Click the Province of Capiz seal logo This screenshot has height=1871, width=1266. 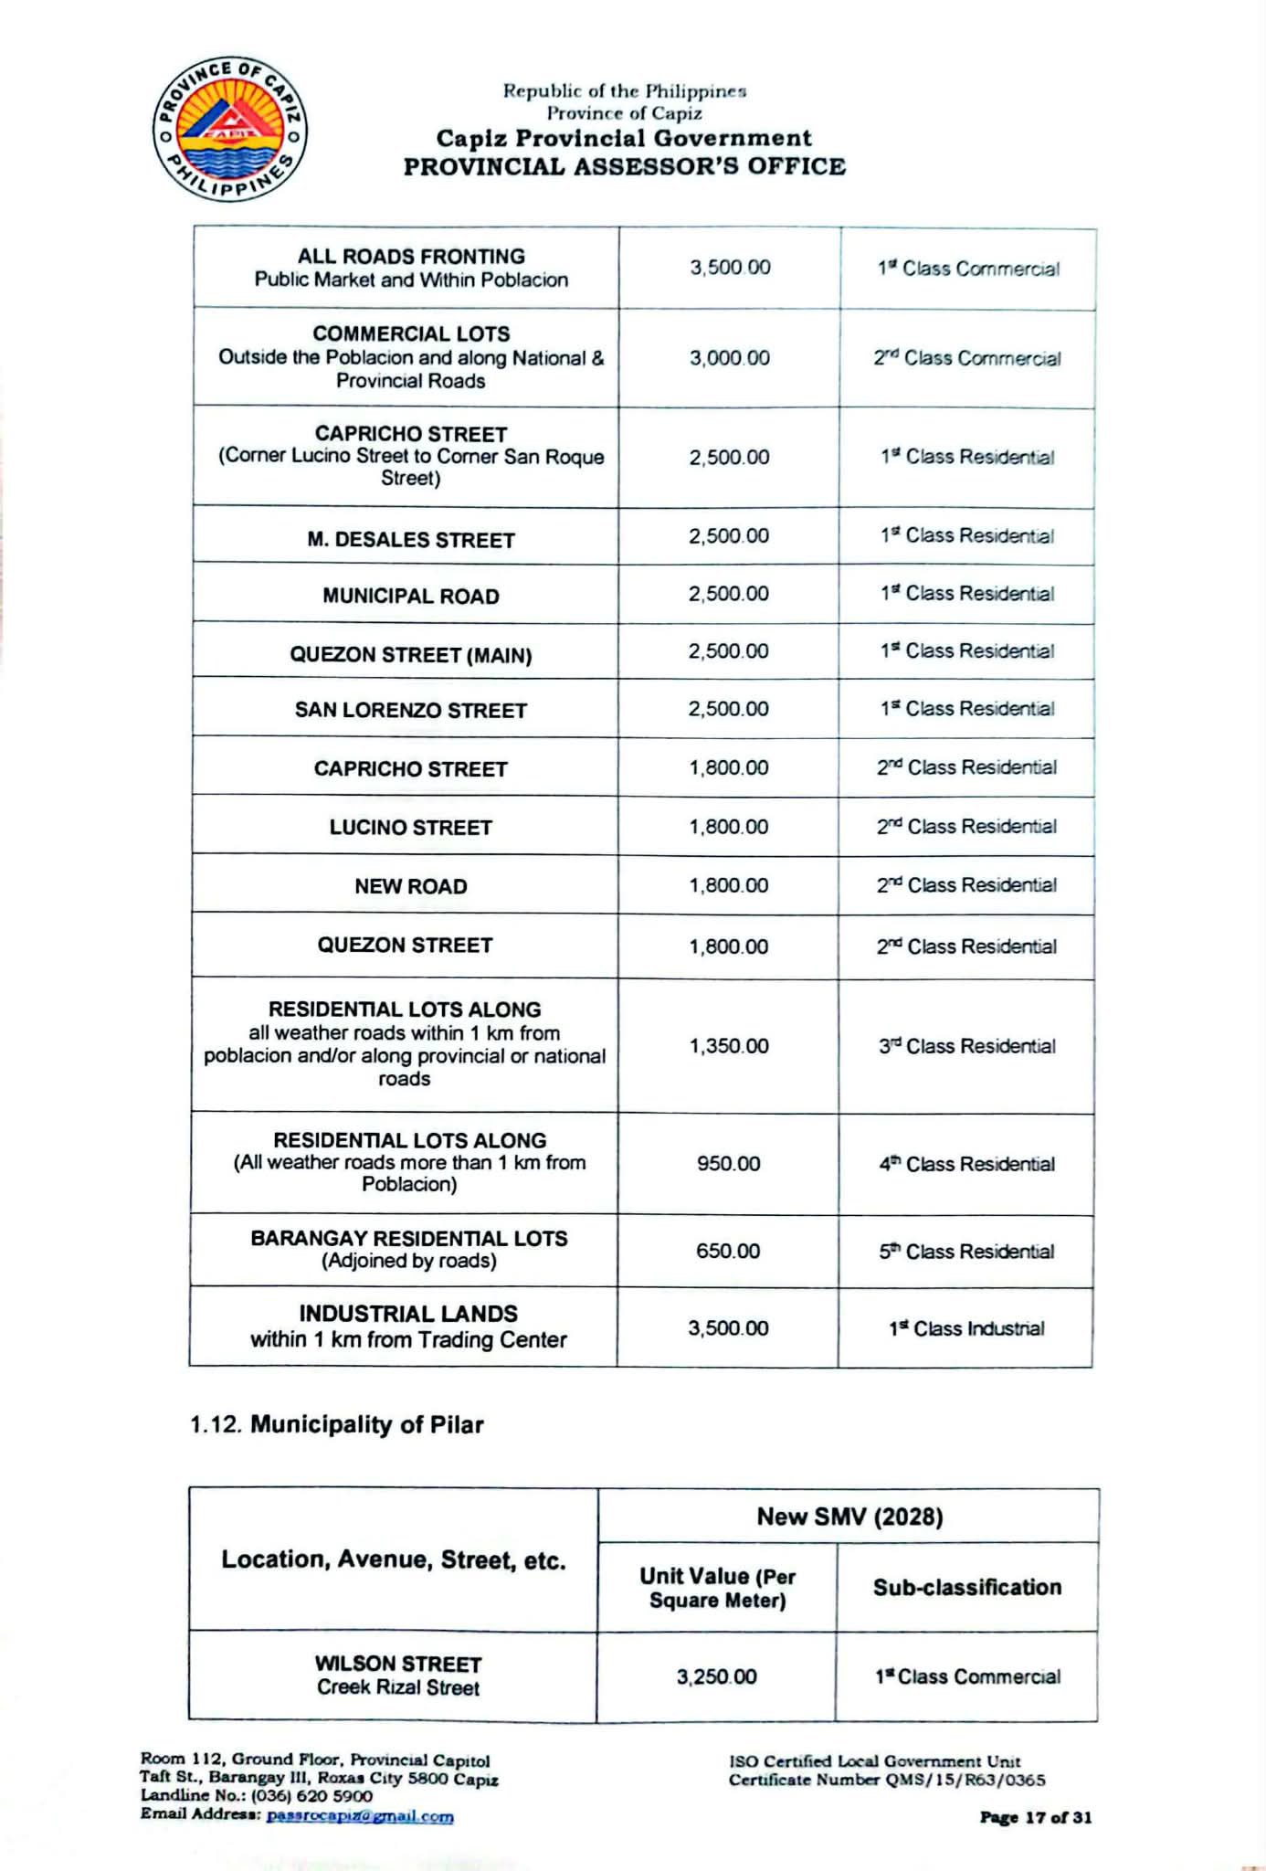(229, 129)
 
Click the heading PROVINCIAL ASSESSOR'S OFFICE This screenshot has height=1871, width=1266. (625, 166)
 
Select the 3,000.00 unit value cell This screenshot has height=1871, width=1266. (729, 358)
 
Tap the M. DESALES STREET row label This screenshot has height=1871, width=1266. (410, 540)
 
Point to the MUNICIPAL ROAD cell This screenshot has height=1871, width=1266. (410, 597)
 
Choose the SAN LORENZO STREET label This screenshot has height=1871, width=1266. (410, 711)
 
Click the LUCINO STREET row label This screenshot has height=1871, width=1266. (410, 828)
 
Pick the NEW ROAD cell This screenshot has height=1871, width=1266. (410, 886)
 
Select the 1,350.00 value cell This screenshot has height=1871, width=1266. (729, 1046)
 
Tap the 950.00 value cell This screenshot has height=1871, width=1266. (728, 1164)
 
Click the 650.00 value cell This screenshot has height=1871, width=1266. (728, 1251)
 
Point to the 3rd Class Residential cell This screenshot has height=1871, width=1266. (966, 1046)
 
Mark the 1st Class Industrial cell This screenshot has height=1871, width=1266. (966, 1328)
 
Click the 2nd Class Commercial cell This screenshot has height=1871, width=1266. (966, 358)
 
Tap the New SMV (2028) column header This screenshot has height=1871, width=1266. (849, 1517)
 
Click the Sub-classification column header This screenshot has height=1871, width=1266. (966, 1587)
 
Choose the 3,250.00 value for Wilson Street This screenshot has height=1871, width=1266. (716, 1676)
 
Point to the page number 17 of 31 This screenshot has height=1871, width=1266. (1035, 1817)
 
